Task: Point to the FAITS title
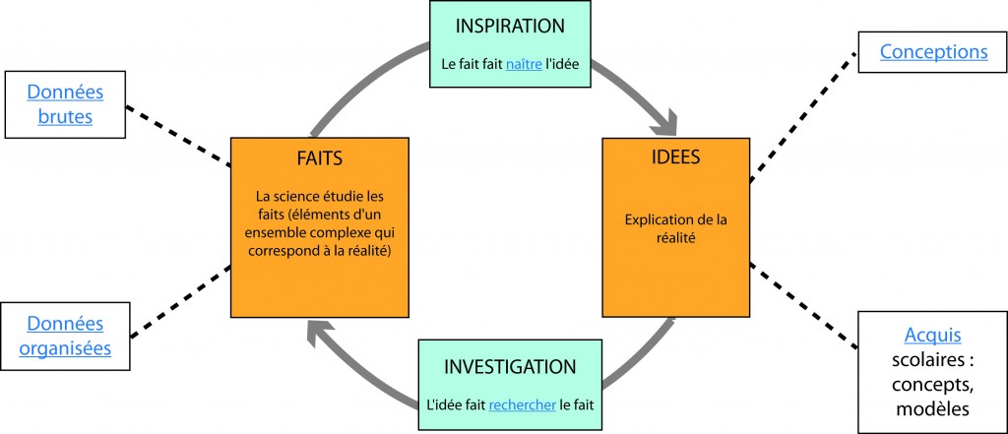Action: pos(318,159)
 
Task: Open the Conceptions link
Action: pos(933,51)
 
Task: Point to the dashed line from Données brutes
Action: pos(180,142)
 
